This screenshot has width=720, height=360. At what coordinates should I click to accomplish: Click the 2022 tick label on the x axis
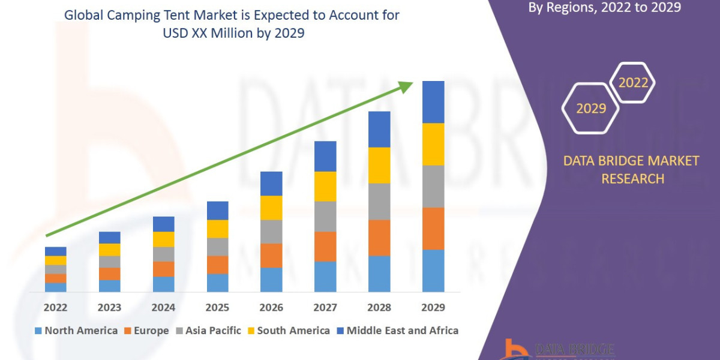[55, 308]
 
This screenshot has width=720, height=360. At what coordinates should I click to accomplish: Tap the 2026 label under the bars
[271, 308]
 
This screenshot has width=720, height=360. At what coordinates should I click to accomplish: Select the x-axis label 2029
[433, 308]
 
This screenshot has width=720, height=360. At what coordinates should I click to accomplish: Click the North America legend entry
[76, 331]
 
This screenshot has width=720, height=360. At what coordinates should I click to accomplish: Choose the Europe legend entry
[147, 331]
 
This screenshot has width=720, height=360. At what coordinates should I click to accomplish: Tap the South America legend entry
[288, 331]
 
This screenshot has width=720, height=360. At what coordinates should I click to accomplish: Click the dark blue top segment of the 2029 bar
[433, 102]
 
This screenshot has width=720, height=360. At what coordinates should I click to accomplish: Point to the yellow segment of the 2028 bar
[379, 165]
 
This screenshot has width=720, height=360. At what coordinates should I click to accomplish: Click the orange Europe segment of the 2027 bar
[325, 247]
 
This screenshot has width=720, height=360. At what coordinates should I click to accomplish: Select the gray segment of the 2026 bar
[271, 232]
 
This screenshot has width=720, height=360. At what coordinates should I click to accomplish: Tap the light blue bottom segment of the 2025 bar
[217, 283]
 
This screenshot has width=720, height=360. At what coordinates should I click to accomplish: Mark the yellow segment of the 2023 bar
[109, 250]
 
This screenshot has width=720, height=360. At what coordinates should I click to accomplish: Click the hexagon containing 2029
[590, 109]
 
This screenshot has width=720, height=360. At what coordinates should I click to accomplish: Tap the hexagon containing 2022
[633, 83]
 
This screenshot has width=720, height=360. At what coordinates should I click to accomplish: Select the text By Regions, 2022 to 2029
[604, 8]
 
